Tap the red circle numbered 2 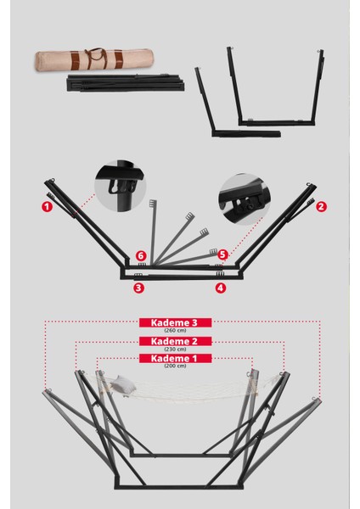[x=321, y=205]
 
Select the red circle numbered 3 [x=138, y=288]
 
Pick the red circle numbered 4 [x=221, y=288]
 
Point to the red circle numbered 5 [x=222, y=254]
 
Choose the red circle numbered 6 [x=142, y=255]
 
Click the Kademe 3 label [x=180, y=323]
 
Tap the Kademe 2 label [x=180, y=342]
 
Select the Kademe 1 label [x=180, y=359]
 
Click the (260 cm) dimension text [x=180, y=331]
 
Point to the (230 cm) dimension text [x=180, y=349]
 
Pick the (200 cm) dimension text [x=180, y=366]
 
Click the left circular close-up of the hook [x=120, y=185]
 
